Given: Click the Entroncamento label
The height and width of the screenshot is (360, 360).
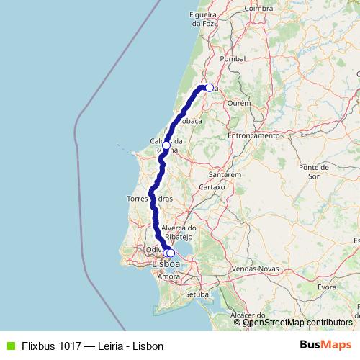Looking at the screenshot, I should (253, 135).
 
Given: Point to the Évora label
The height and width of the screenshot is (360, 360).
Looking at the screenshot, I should (327, 287).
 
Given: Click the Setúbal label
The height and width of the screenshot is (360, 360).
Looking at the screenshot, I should (196, 294).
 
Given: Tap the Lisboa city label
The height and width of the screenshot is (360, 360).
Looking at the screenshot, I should (166, 264).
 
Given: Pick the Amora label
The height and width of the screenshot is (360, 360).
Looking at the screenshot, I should (169, 276).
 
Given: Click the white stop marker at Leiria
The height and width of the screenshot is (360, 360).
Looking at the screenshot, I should (209, 88).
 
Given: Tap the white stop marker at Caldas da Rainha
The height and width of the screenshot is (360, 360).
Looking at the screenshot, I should (166, 145).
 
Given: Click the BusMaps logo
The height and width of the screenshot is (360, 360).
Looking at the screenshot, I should (325, 345).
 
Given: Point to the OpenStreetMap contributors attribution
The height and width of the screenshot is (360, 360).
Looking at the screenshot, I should (297, 323).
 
